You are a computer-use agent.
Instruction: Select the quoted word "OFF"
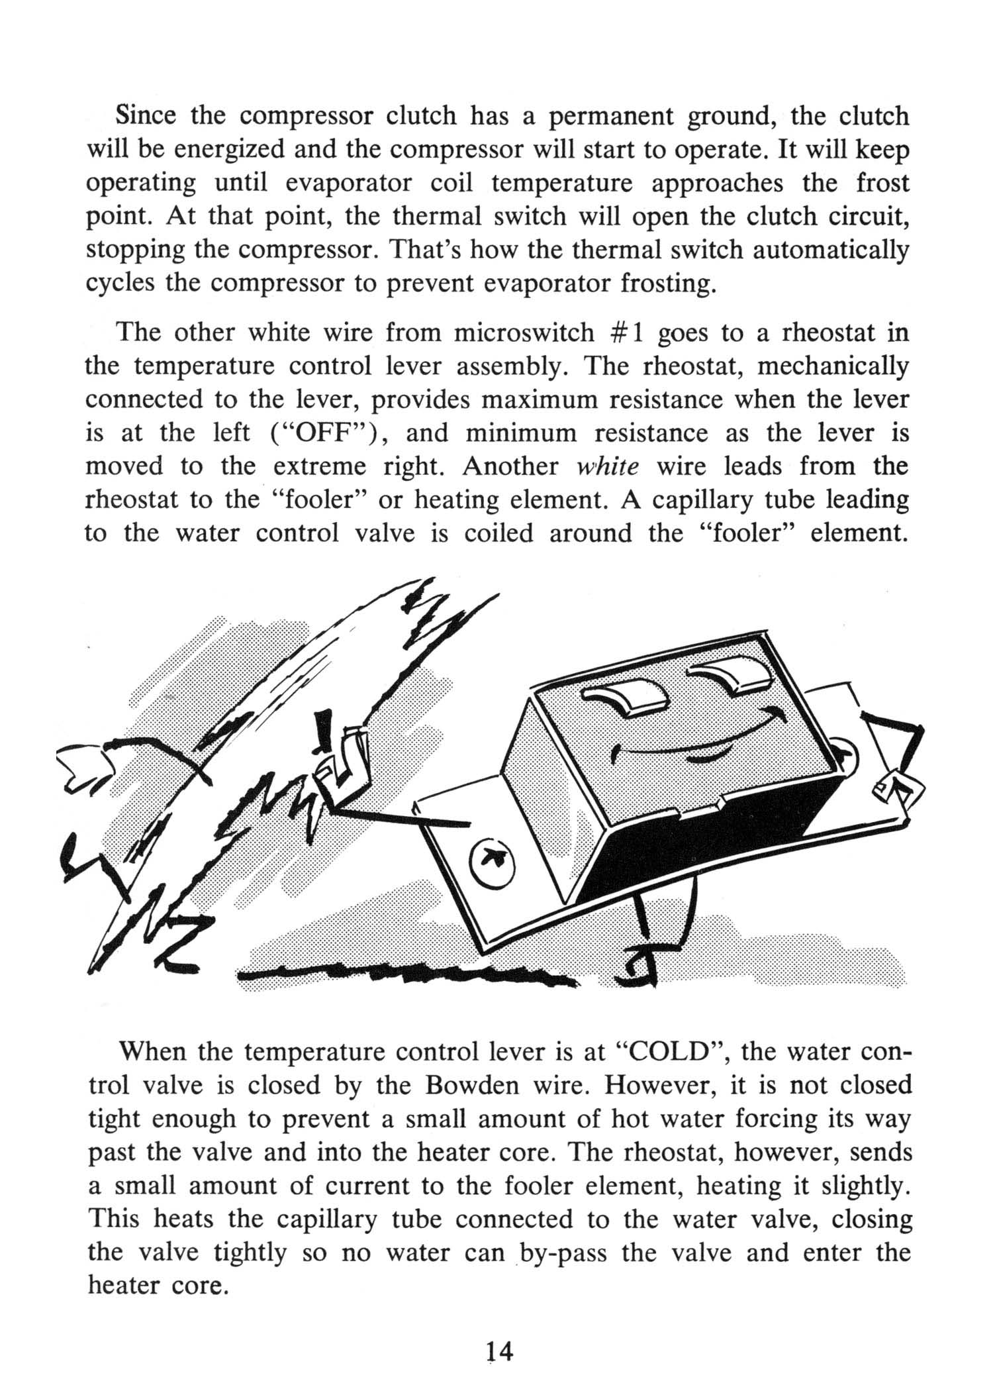(322, 433)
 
